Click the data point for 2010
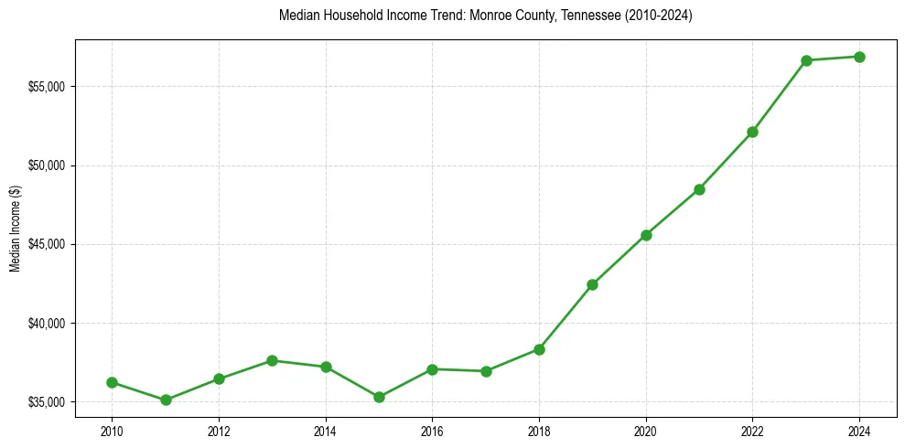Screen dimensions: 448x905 coord(112,382)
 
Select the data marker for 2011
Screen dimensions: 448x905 coord(166,400)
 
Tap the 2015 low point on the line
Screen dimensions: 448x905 coord(379,397)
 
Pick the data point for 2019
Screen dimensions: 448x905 coord(592,284)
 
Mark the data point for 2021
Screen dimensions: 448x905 coord(699,189)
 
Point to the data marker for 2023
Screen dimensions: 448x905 coord(806,60)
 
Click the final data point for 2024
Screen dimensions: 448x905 coord(859,57)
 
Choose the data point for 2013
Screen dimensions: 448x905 coord(272,360)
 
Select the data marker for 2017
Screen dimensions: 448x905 coord(486,371)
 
